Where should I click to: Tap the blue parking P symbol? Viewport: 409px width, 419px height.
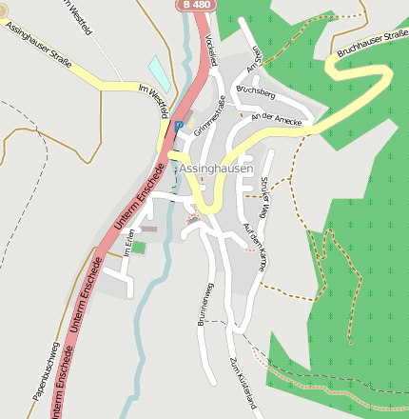coord(178,125)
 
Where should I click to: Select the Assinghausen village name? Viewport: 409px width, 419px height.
coord(217,169)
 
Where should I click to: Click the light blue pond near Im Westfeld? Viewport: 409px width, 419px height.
coord(160,73)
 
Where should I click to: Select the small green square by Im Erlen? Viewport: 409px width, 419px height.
coord(139,247)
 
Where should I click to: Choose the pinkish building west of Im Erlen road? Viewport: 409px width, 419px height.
coord(148,229)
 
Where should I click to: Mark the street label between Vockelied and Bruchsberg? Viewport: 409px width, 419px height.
coord(251,60)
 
